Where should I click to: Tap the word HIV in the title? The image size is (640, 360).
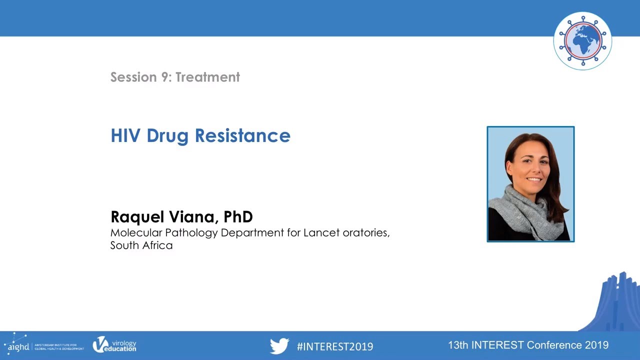[x=125, y=135]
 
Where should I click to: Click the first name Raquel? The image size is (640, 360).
[x=137, y=217]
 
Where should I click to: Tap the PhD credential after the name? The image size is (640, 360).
[x=238, y=217]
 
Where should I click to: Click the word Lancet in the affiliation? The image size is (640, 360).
[x=321, y=232]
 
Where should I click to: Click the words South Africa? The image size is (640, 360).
[x=141, y=245]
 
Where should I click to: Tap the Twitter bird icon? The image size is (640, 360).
[x=279, y=346]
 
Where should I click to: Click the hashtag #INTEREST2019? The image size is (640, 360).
[x=334, y=346]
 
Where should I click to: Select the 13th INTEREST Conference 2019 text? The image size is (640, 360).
[x=528, y=345]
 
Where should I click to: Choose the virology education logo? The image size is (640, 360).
[x=114, y=345]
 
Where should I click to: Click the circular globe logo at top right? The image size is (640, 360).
[x=582, y=41]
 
